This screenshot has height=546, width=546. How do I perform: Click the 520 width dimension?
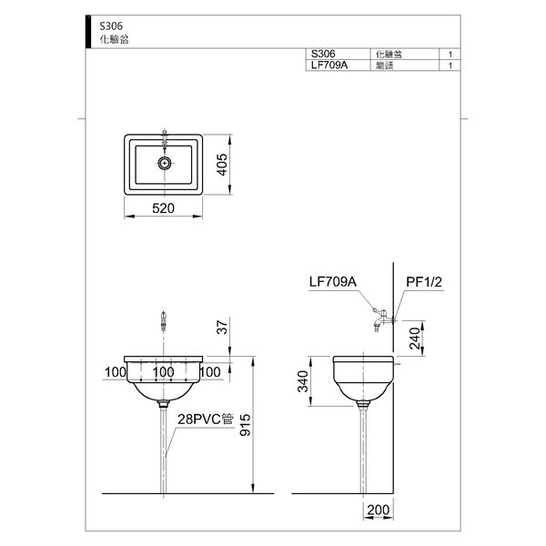tap(163, 208)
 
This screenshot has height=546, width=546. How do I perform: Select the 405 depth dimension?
tap(221, 165)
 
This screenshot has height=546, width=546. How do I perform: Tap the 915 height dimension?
tap(245, 425)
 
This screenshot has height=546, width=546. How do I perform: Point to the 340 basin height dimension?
tap(303, 381)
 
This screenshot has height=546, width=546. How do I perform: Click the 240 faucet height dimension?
tap(415, 339)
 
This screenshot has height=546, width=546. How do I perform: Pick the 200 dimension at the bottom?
tap(379, 511)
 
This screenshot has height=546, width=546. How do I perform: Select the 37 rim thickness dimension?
tap(222, 327)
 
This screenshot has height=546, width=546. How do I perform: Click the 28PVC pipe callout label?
tap(206, 420)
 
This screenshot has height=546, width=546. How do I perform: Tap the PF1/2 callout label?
tap(424, 282)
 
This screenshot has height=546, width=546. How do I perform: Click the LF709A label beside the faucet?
tap(333, 282)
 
